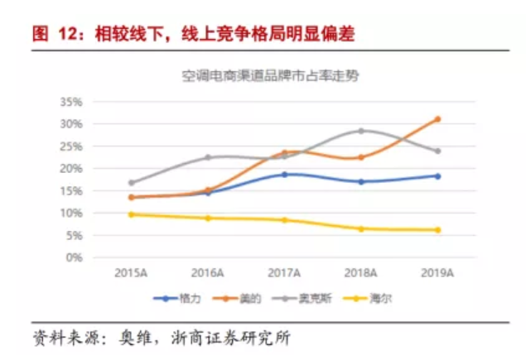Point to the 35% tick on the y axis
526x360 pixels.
point(70,102)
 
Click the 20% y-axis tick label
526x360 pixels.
point(70,169)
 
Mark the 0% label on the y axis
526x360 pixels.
point(74,257)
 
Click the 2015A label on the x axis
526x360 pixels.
point(130,272)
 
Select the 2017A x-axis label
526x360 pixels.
point(285,272)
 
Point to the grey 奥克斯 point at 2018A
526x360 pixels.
point(361,131)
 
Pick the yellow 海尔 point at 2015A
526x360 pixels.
point(131,214)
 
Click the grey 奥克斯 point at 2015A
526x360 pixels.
point(131,183)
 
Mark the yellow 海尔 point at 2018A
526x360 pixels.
point(361,228)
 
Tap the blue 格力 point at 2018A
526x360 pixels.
point(361,181)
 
